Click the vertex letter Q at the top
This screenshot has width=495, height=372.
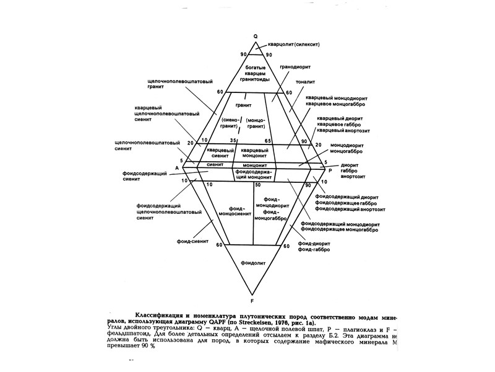coord(254,36)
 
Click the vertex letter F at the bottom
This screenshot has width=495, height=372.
coord(252,292)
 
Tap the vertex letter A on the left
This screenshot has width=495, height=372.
coord(176,168)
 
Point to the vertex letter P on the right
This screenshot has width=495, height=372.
coord(330,170)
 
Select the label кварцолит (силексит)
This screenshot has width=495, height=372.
coord(294,45)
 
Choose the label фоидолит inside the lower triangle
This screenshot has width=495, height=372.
coord(253,262)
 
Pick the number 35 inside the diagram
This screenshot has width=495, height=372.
coord(233,141)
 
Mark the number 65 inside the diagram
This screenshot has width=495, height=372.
coord(267,141)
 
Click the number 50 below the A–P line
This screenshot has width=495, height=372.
coord(257,185)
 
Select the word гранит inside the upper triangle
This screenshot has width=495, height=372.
coord(251,105)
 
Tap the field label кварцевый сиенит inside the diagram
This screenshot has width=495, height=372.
coord(221,153)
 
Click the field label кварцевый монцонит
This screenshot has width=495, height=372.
coord(254,153)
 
